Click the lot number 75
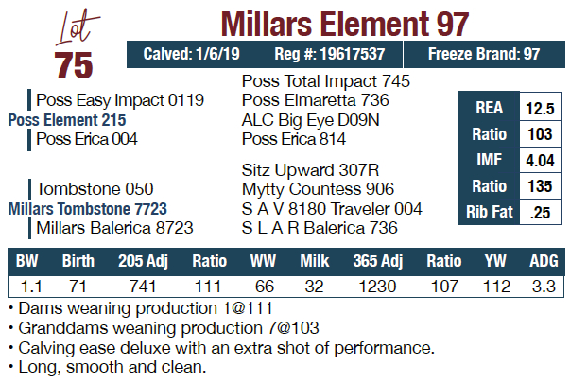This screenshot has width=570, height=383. [x=74, y=63]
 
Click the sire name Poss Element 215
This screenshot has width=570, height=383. [x=67, y=120]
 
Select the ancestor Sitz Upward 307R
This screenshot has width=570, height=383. [x=310, y=170]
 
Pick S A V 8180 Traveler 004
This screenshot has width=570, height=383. [x=332, y=208]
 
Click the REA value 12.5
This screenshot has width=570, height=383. [x=540, y=109]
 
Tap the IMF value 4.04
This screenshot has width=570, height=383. [x=540, y=161]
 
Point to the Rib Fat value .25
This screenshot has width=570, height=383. [x=540, y=212]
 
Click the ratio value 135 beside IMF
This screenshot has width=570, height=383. [x=540, y=186]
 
